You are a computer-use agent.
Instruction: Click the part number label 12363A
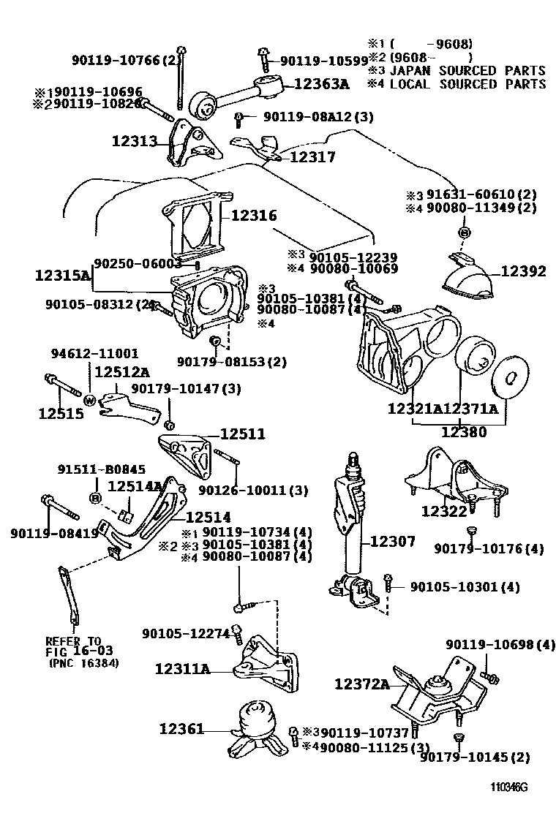point(321,84)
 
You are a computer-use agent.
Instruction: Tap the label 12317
point(312,156)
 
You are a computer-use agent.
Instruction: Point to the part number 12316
point(254,216)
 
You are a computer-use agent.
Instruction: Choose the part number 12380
point(463,432)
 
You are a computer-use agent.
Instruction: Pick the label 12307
point(393,542)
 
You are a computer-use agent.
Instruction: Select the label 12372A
point(362,684)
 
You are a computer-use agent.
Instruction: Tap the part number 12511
point(242,435)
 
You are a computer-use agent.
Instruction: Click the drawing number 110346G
point(509,788)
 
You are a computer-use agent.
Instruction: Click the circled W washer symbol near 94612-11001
point(89,400)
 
